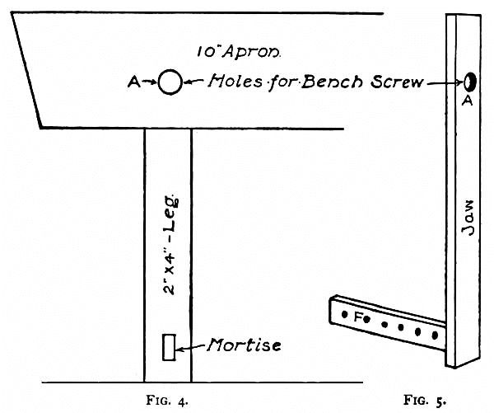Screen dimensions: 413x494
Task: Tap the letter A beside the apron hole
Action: tap(133, 81)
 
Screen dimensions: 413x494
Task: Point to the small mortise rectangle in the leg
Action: tap(170, 347)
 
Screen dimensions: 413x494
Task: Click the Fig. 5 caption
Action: tap(425, 401)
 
